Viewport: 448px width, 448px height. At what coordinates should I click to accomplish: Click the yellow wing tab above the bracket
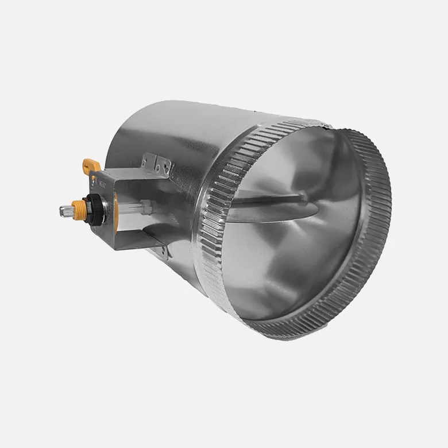tap(91, 165)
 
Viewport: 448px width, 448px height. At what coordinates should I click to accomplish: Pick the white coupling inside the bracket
tap(145, 203)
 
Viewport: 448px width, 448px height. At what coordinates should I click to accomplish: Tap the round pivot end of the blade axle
tap(303, 198)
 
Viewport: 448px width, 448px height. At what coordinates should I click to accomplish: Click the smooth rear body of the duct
tap(161, 132)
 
